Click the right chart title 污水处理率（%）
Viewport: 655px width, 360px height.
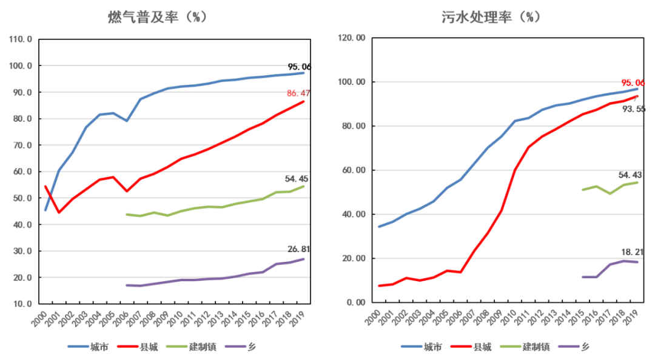pyautogui.click(x=491, y=16)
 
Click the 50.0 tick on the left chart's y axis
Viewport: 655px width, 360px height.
pyautogui.click(x=21, y=198)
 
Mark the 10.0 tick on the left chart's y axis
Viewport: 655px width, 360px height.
pyautogui.click(x=21, y=304)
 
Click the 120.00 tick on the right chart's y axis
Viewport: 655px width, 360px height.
pyautogui.click(x=352, y=38)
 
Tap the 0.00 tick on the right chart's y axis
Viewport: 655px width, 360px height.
pyautogui.click(x=355, y=302)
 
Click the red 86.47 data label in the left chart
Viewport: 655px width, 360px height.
pyautogui.click(x=298, y=93)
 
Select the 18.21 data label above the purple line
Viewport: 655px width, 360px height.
pyautogui.click(x=631, y=252)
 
